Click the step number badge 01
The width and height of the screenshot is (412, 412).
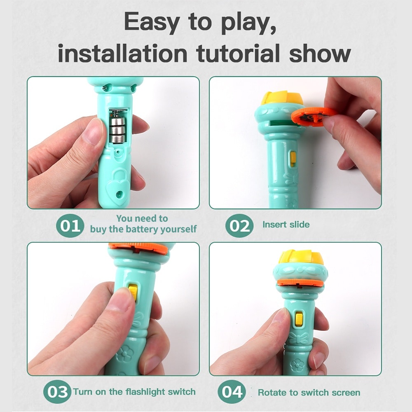point(70,226)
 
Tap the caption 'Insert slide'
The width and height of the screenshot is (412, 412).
point(286,225)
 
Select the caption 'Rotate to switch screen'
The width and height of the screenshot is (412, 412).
point(309,392)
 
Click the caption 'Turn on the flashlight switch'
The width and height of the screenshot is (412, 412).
point(134,391)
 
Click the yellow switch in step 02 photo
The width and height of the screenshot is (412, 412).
point(293,159)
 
